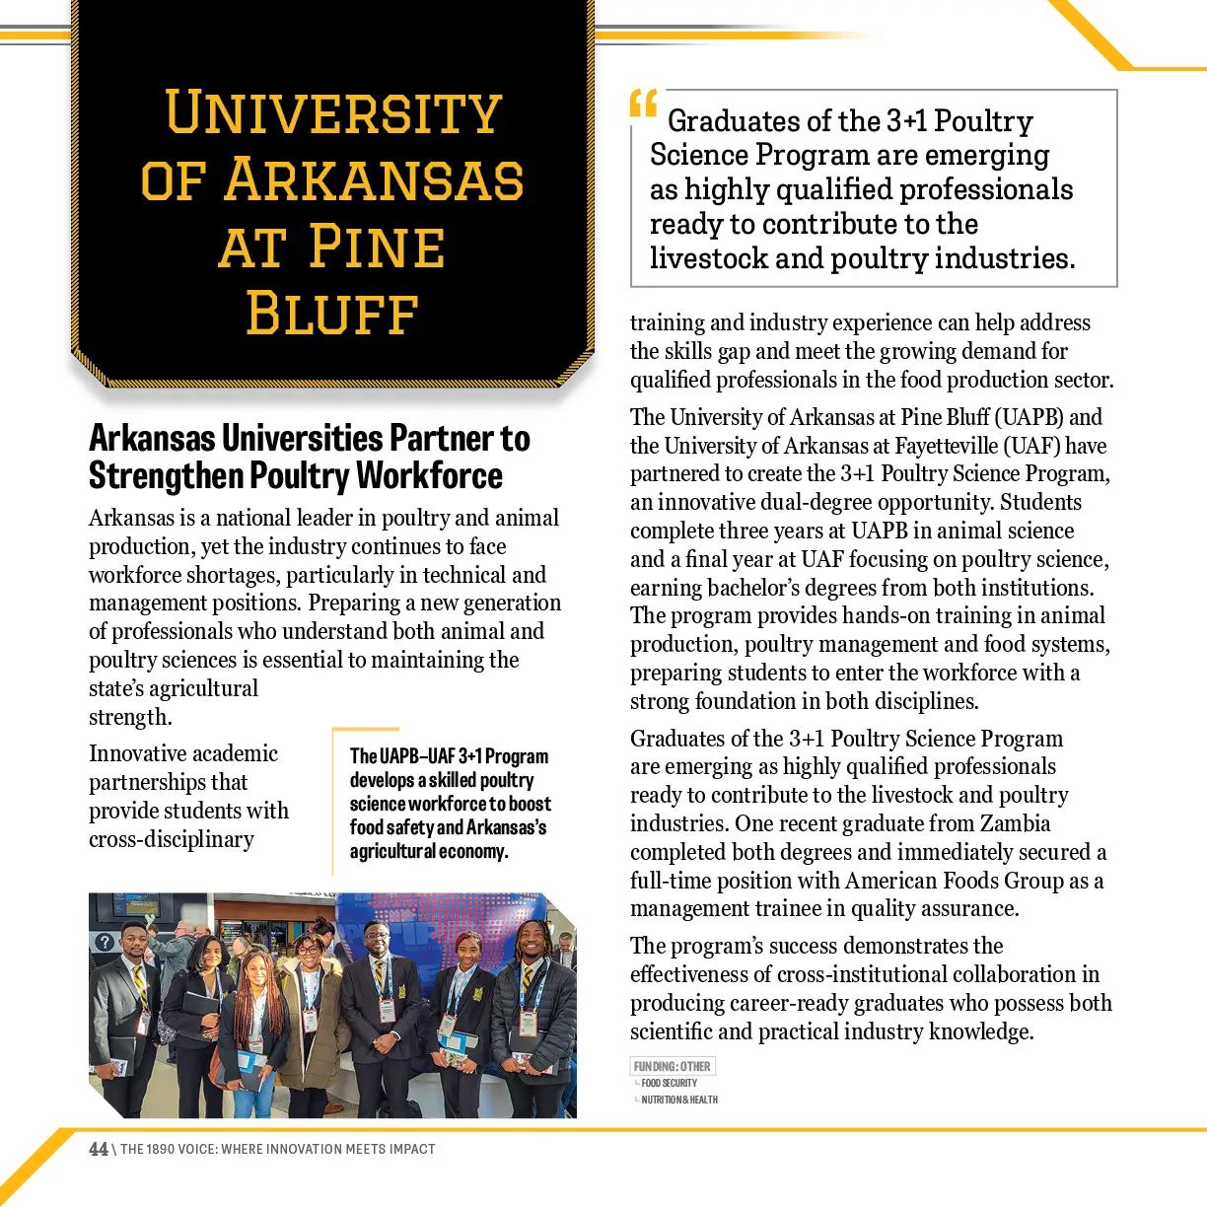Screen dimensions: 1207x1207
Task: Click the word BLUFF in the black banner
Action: [332, 314]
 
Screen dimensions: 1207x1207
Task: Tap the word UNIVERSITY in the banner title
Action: [333, 112]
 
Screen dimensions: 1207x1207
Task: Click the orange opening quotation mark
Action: [643, 104]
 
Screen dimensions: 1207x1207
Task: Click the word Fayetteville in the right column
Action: [951, 446]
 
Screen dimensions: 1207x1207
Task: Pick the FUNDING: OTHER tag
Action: [673, 1066]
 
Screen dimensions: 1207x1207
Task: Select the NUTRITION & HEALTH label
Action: [679, 1100]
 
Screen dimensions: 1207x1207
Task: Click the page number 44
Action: [99, 1149]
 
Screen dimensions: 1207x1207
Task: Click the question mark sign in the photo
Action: [104, 942]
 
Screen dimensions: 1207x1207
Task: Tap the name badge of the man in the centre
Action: [387, 1008]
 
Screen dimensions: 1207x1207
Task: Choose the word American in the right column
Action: [891, 881]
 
